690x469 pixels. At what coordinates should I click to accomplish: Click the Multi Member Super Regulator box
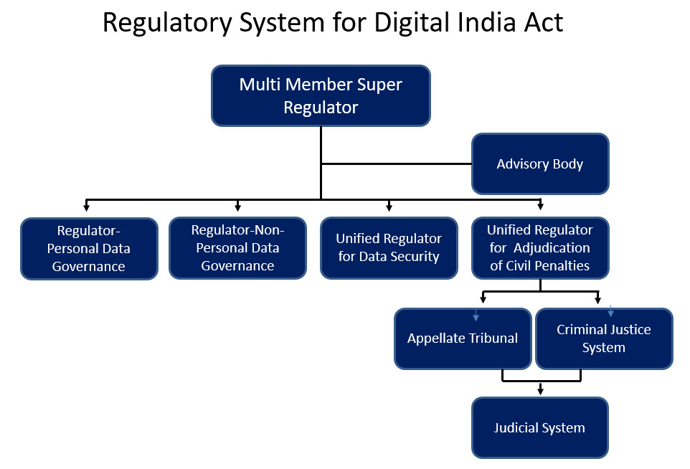[321, 96]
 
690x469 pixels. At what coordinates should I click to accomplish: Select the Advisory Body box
[540, 164]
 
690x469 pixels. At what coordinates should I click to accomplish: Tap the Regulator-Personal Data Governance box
[89, 249]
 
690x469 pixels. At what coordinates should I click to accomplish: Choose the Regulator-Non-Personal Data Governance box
[237, 248]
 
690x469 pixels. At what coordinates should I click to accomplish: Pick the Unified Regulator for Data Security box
[389, 248]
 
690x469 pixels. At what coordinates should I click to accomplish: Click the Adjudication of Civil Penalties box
[540, 248]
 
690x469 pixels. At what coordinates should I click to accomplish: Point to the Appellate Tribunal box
[463, 338]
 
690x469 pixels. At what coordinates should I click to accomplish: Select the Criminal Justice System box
[604, 338]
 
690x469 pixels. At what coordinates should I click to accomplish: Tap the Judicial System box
[540, 427]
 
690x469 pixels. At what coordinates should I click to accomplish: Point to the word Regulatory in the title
[167, 23]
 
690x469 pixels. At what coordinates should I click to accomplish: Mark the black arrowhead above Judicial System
[540, 391]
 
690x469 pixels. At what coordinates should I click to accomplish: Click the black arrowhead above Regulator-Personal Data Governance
[87, 207]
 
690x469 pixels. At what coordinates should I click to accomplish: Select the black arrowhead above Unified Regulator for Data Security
[389, 207]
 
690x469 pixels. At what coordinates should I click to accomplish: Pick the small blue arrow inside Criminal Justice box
[611, 311]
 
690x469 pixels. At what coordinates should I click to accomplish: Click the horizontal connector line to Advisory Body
[397, 164]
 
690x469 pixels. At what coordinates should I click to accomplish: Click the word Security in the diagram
[415, 257]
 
